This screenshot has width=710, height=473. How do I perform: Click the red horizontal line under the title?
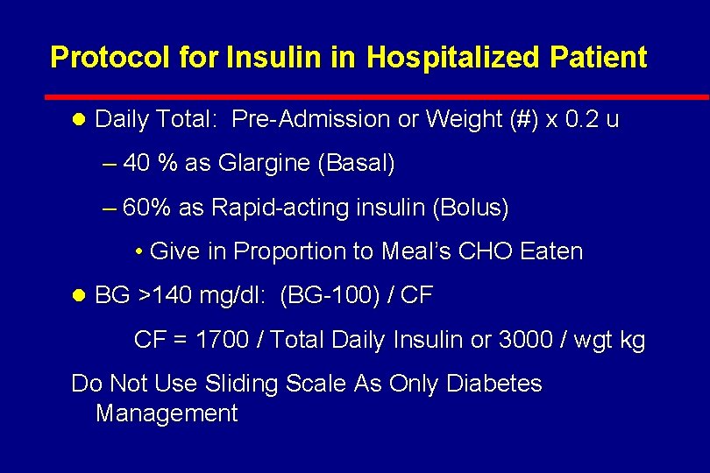click(x=377, y=96)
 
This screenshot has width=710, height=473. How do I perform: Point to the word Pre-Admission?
click(x=311, y=119)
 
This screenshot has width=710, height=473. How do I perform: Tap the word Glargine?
click(x=264, y=163)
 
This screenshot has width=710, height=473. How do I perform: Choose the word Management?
click(x=167, y=413)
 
